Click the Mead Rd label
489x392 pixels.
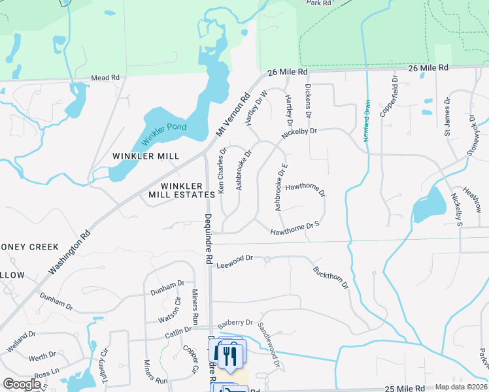(x=105, y=78)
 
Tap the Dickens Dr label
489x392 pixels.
(x=307, y=101)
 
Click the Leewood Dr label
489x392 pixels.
(x=235, y=259)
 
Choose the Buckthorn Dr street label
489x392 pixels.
(x=331, y=278)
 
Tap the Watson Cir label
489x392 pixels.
(x=169, y=311)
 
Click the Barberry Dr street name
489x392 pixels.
(x=235, y=323)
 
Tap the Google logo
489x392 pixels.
(x=22, y=384)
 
